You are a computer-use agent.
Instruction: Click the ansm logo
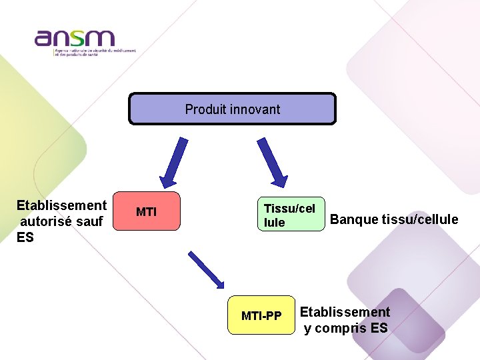point(75,38)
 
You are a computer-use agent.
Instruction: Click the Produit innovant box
point(232,109)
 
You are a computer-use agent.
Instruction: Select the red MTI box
point(147,212)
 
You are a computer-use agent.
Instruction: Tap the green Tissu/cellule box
point(291,214)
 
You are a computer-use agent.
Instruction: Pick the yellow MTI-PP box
point(261,315)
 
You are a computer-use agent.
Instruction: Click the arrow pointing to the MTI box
point(171,161)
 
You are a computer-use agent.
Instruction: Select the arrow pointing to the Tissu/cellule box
point(273,162)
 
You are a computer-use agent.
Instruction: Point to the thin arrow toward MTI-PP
point(207,269)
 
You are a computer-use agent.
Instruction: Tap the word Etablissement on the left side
point(61,205)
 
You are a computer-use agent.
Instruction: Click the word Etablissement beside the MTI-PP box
point(345,312)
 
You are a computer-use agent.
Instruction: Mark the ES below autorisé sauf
point(25,237)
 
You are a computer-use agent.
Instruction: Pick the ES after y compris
point(379,328)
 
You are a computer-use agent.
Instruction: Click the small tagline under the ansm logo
point(95,51)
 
